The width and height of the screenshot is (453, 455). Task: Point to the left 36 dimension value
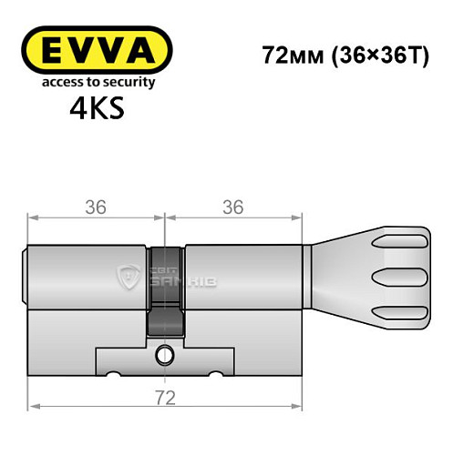(x=95, y=207)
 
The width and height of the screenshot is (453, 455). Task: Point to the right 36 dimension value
(x=232, y=207)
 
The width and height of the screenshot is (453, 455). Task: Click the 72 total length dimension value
(x=164, y=398)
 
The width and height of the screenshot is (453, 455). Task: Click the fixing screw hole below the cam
(x=165, y=353)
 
